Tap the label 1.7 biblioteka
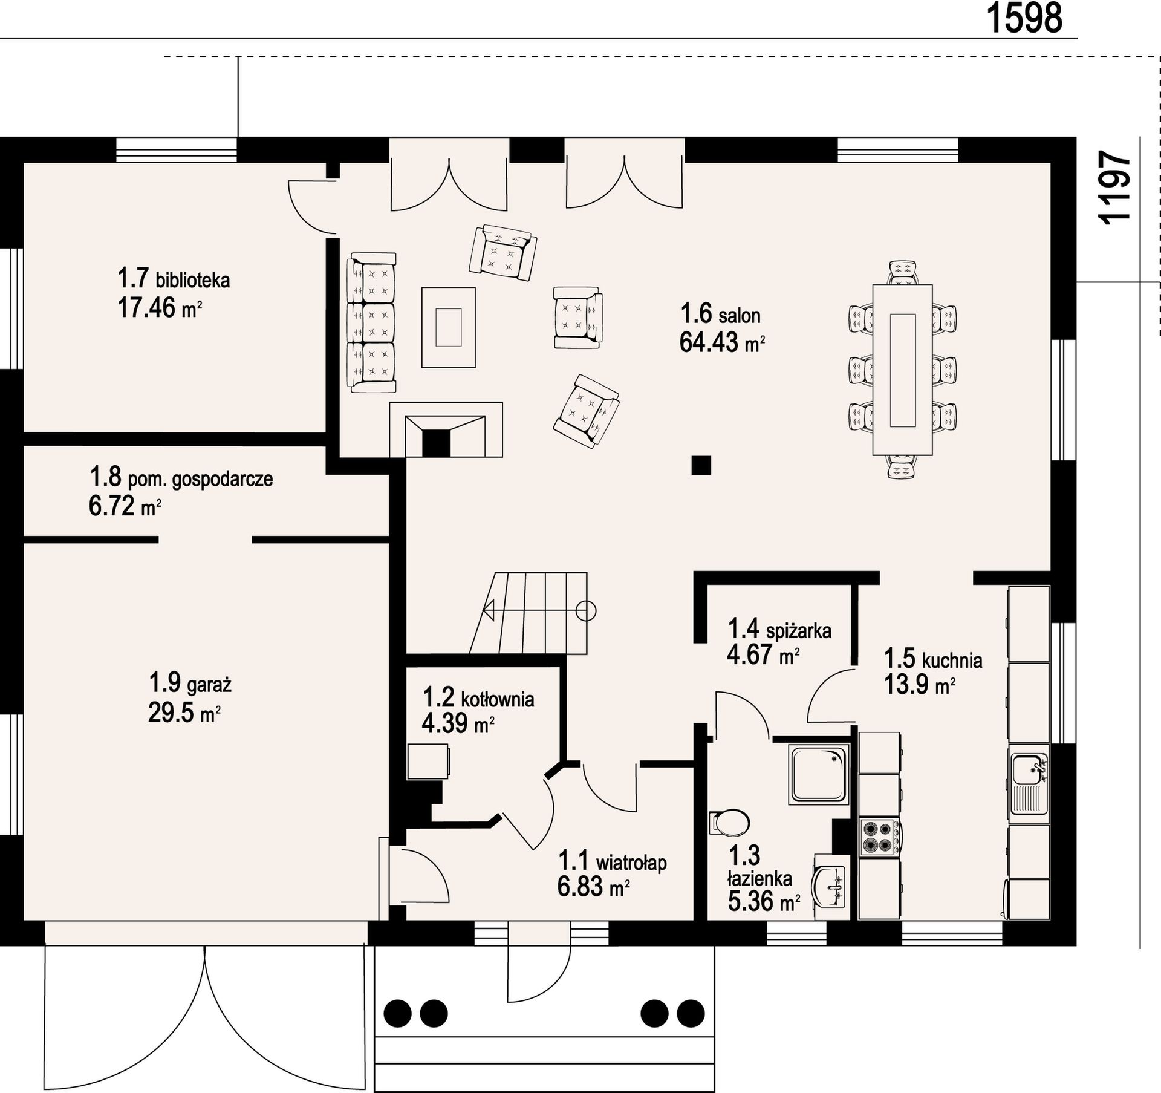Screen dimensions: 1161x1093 coord(174,279)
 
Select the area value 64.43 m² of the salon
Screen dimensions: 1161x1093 coord(723,342)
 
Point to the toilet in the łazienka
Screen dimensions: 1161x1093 coord(729,822)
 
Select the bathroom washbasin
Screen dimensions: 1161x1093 coord(831,887)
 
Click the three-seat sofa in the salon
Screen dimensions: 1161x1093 coord(371,323)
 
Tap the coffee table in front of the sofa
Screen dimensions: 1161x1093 coord(448,327)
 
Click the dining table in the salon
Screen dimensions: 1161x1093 coord(902,370)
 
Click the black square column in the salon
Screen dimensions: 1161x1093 coord(701,465)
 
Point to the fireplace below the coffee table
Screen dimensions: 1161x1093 coord(446,429)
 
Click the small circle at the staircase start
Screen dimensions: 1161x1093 coord(586,612)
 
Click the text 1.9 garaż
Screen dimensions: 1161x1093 coord(190,684)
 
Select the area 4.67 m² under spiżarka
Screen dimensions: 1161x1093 coord(763,655)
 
